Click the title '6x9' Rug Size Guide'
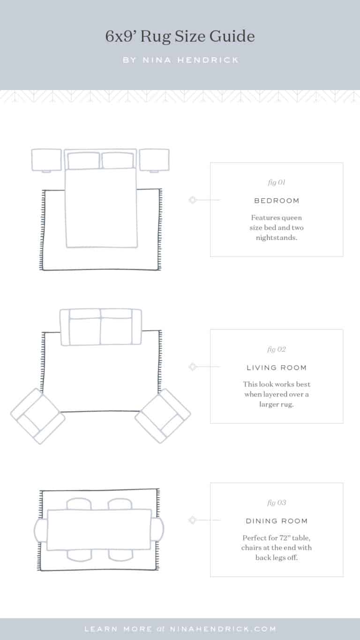pyautogui.click(x=180, y=37)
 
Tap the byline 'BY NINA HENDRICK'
pyautogui.click(x=180, y=60)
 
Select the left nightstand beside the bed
pyautogui.click(x=46, y=159)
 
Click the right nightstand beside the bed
pyautogui.click(x=154, y=159)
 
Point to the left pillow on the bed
pyautogui.click(x=83, y=161)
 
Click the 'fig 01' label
pyautogui.click(x=276, y=182)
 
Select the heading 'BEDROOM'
pyautogui.click(x=276, y=201)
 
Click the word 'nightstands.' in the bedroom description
pyautogui.click(x=276, y=238)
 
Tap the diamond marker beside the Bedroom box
pyautogui.click(x=192, y=200)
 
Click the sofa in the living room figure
pyautogui.click(x=101, y=327)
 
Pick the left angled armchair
pyautogui.click(x=37, y=416)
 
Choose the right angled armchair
pyautogui.click(x=163, y=416)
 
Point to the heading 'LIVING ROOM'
pyautogui.click(x=276, y=368)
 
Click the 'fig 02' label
pyautogui.click(x=276, y=349)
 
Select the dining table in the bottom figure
pyautogui.click(x=99, y=529)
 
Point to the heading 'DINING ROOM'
pyautogui.click(x=276, y=521)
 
